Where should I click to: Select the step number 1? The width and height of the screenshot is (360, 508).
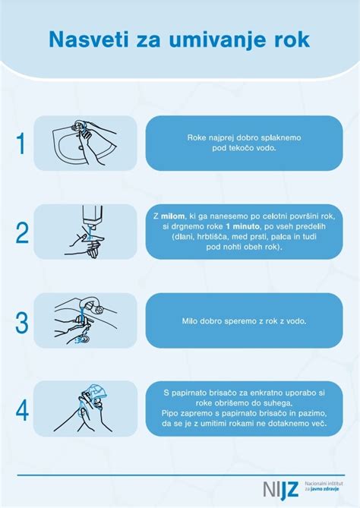pyautogui.click(x=21, y=144)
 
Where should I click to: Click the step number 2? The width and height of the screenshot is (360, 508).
pyautogui.click(x=22, y=232)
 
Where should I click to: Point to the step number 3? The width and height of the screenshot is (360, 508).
pyautogui.click(x=22, y=322)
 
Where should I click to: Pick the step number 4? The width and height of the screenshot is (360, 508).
pyautogui.click(x=22, y=410)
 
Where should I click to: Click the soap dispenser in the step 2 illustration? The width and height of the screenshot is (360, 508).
pyautogui.click(x=93, y=215)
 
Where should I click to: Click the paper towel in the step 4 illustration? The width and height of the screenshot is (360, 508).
pyautogui.click(x=96, y=393)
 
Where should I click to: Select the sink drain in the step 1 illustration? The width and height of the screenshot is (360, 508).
pyautogui.click(x=81, y=148)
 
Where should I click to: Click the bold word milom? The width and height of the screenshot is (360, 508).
pyautogui.click(x=172, y=216)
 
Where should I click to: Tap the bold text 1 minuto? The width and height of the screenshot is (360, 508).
pyautogui.click(x=243, y=226)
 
